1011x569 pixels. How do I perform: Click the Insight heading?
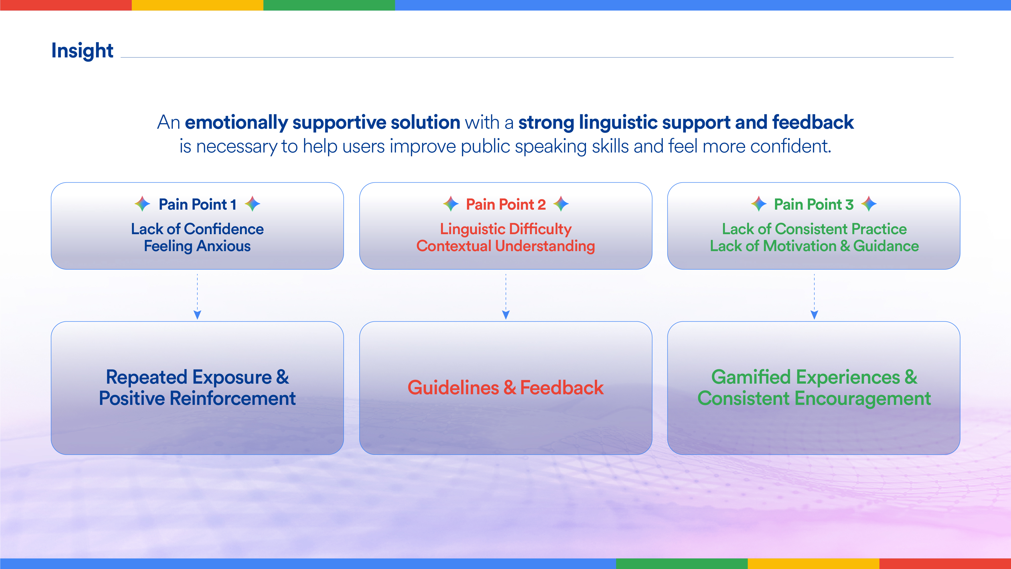[82, 51]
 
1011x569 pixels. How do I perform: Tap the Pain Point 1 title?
[197, 204]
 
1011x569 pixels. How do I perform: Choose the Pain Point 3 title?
[814, 204]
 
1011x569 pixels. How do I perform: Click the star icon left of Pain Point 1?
[142, 204]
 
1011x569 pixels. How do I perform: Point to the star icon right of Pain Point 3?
[869, 204]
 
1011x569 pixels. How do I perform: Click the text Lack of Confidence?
[197, 229]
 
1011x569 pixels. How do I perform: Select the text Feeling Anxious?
[197, 246]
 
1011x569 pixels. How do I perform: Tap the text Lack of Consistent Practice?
[814, 229]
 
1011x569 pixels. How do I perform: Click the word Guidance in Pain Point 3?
[886, 246]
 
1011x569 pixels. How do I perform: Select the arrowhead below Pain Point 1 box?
[197, 315]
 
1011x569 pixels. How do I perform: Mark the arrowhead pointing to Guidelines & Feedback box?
[506, 315]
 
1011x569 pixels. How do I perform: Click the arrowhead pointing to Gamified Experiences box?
[814, 315]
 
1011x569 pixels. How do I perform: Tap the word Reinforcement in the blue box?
[233, 399]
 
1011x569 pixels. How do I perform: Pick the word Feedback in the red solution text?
[562, 388]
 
